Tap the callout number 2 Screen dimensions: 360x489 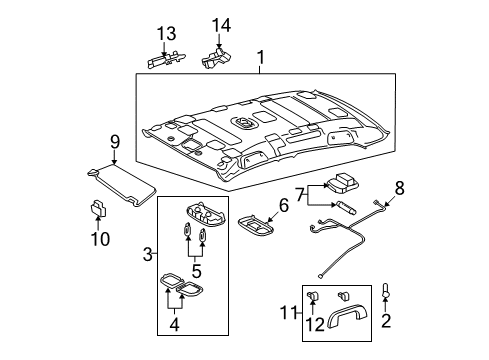click(386, 321)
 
